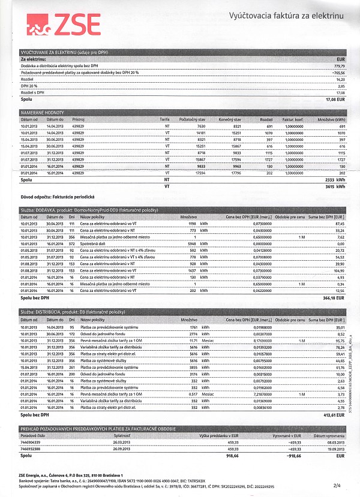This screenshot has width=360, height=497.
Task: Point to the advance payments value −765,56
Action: [337, 73]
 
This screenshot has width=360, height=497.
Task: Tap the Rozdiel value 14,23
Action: [340, 79]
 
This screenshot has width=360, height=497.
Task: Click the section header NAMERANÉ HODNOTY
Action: [43, 113]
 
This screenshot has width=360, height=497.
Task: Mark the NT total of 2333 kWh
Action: [335, 179]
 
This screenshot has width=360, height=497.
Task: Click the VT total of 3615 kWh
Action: [335, 187]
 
